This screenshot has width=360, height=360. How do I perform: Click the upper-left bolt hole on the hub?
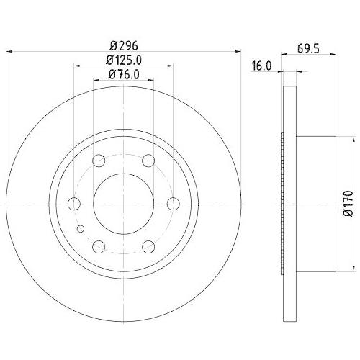click(x=97, y=160)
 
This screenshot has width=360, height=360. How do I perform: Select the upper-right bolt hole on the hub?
click(x=148, y=160)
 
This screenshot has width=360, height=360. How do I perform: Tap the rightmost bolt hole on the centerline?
click(x=173, y=204)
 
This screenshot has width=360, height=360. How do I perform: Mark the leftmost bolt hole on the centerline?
click(x=72, y=204)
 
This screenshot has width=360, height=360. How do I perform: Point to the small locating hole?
click(x=81, y=229)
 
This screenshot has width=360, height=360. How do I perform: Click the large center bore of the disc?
click(x=122, y=204)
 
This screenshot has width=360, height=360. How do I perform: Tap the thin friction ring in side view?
click(x=290, y=204)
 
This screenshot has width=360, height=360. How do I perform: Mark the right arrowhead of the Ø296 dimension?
click(x=235, y=50)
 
